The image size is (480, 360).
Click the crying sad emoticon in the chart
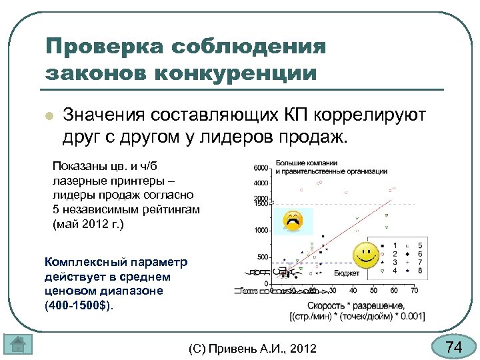click(293, 221)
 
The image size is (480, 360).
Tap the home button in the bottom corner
click(18, 344)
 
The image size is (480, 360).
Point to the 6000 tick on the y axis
click(261, 167)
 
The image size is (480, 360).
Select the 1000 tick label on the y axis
click(261, 230)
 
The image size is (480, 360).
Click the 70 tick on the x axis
click(414, 291)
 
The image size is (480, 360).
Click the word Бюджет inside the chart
click(347, 273)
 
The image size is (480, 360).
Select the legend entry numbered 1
click(395, 245)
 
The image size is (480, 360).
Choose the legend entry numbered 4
click(395, 271)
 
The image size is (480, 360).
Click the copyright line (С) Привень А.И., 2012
click(253, 348)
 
